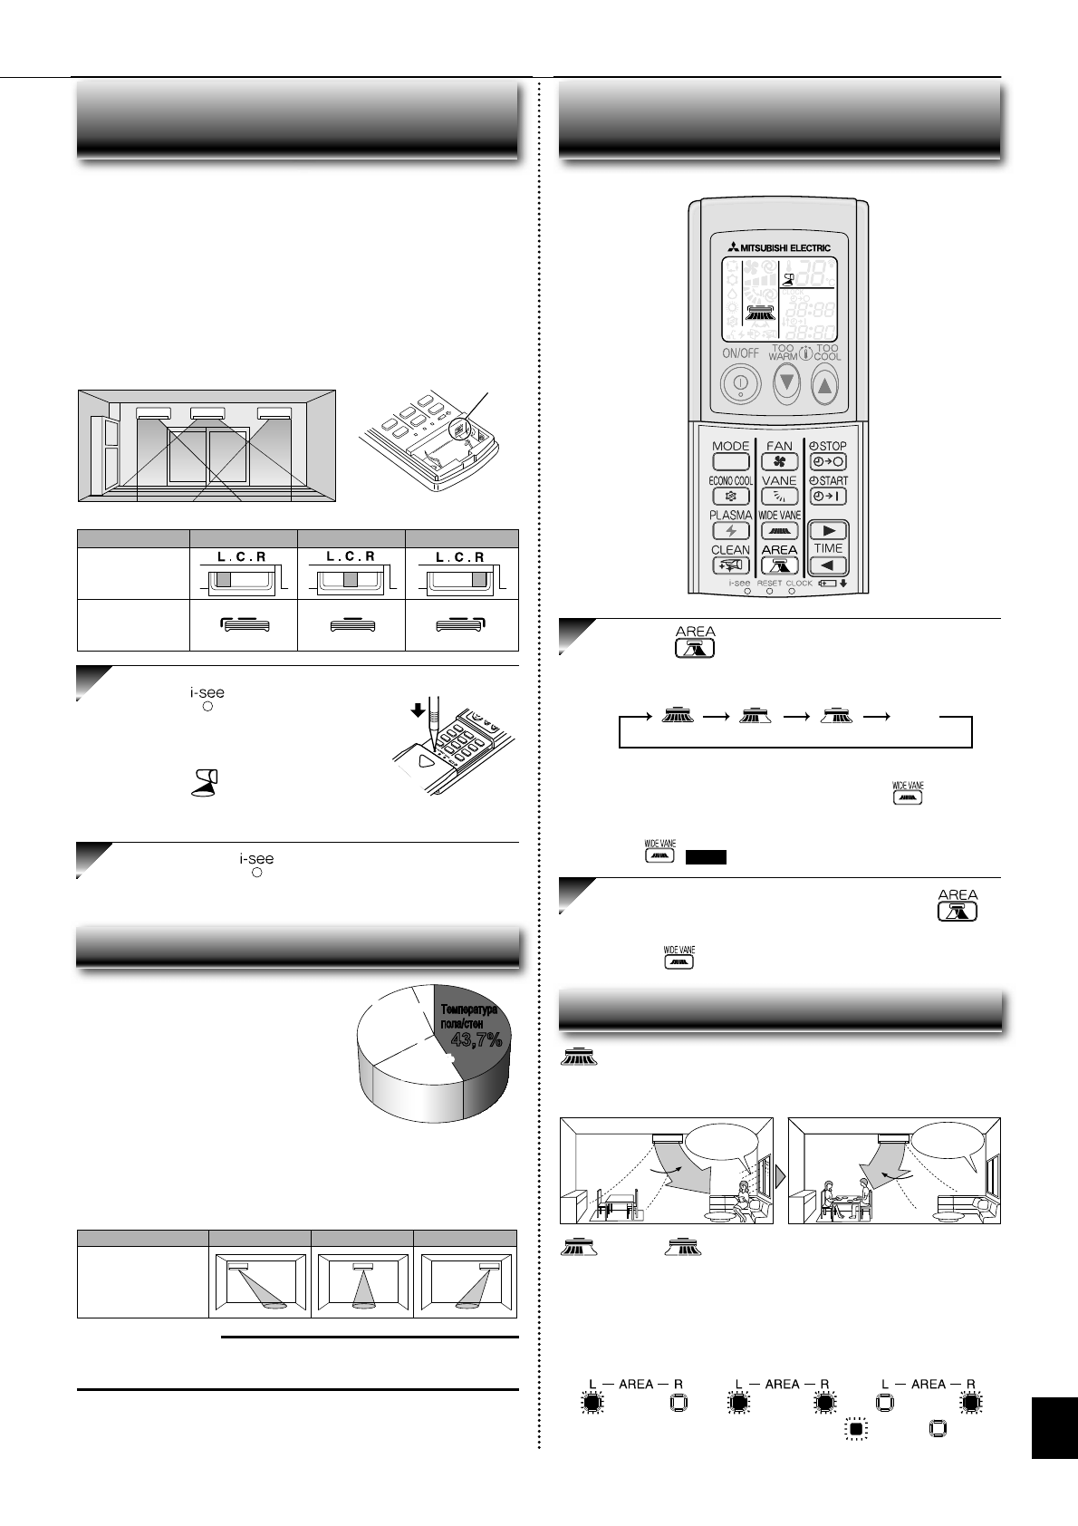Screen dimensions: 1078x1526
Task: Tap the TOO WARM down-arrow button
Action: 786,383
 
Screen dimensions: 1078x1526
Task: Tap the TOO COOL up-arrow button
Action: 824,385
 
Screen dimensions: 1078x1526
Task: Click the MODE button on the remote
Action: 730,461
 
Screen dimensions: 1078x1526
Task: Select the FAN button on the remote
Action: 779,461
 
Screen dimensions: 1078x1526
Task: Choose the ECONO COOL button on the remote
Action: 730,497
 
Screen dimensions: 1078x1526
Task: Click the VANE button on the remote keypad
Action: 779,497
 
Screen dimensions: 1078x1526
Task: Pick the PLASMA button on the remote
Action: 730,531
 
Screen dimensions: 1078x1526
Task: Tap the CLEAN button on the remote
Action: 730,565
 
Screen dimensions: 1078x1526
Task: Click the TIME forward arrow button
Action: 828,531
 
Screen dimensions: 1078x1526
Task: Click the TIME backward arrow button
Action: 828,565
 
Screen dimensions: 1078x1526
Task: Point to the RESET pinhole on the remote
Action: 769,592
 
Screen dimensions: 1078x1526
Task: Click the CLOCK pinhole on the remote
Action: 792,592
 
